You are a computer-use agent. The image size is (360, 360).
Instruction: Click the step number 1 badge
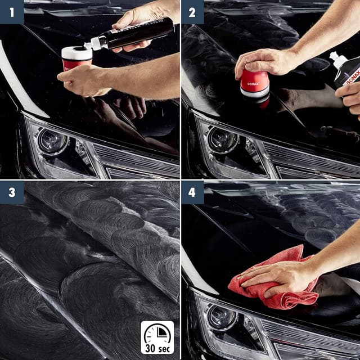12,11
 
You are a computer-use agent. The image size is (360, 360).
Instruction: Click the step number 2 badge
192,11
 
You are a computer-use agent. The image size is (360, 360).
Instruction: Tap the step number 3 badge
12,192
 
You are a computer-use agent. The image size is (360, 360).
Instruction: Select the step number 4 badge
192,192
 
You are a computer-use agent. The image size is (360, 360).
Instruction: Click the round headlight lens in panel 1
52,141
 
